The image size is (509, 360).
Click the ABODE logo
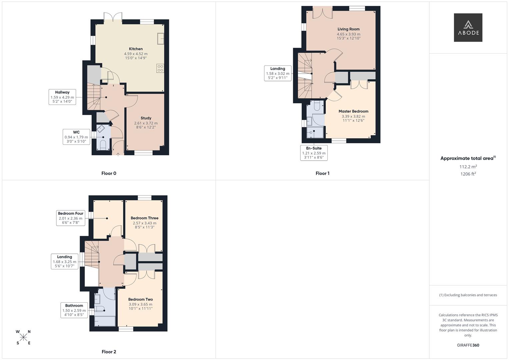pyautogui.click(x=468, y=27)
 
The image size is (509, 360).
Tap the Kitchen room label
pyautogui.click(x=136, y=49)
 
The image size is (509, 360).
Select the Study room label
pyautogui.click(x=146, y=118)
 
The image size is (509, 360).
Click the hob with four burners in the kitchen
pyautogui.click(x=160, y=68)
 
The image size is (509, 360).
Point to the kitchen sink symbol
pyautogui.click(x=161, y=39)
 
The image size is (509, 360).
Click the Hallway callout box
pyautogui.click(x=62, y=97)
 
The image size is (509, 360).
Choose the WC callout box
pyautogui.click(x=76, y=137)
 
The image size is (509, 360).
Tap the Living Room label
pyautogui.click(x=348, y=29)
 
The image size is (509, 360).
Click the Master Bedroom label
pyautogui.click(x=353, y=111)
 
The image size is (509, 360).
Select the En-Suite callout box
pyautogui.click(x=314, y=153)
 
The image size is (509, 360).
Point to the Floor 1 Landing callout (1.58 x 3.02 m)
pyautogui.click(x=278, y=73)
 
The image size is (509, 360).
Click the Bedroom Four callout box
pyautogui.click(x=71, y=218)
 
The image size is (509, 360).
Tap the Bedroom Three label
pyautogui.click(x=145, y=218)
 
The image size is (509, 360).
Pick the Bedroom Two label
pyautogui.click(x=140, y=300)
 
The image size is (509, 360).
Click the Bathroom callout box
pyautogui.click(x=74, y=310)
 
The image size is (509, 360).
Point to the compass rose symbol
pyautogui.click(x=23, y=337)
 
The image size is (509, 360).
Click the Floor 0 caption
pyautogui.click(x=109, y=173)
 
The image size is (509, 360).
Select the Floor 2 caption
pyautogui.click(x=109, y=352)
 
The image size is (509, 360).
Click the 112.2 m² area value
pyautogui.click(x=468, y=167)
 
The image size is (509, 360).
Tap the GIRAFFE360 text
pyautogui.click(x=468, y=345)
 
